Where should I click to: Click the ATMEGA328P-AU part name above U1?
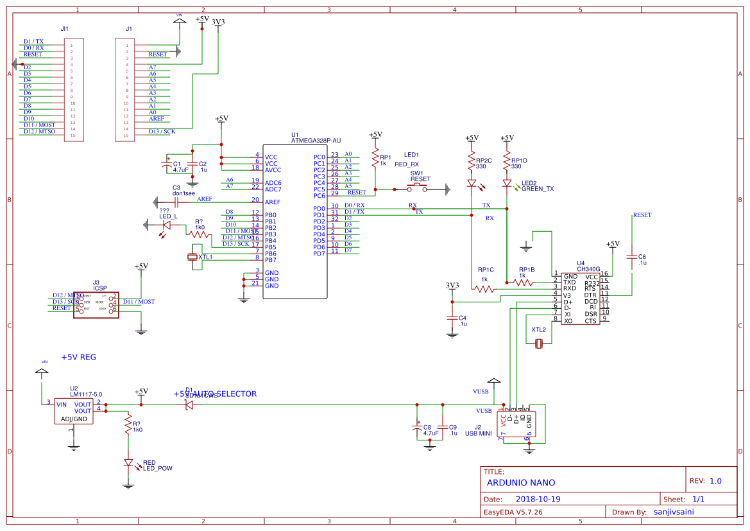[x=316, y=139]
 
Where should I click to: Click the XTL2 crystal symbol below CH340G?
[x=538, y=344]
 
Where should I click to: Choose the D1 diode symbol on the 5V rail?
[x=189, y=405]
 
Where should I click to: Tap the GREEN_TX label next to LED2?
[x=537, y=189]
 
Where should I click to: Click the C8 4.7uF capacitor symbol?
[x=417, y=430]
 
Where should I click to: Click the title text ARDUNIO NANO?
[x=521, y=483]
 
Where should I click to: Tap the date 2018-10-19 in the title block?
[x=538, y=499]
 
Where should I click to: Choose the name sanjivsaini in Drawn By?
[x=673, y=512]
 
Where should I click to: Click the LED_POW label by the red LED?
[x=157, y=469]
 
